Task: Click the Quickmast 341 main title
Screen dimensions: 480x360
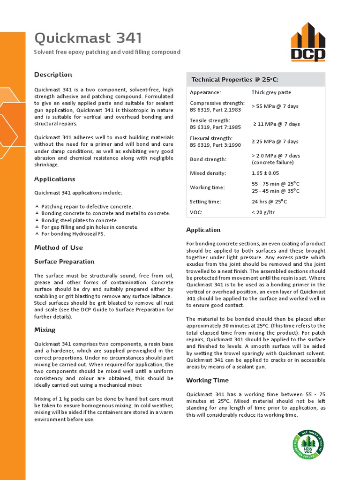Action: [x=88, y=38]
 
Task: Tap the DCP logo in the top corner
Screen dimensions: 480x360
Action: [x=307, y=42]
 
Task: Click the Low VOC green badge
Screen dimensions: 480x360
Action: [x=308, y=444]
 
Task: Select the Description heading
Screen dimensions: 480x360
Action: [x=53, y=75]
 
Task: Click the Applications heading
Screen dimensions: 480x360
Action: [x=54, y=179]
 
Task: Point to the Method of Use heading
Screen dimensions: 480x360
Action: [x=58, y=247]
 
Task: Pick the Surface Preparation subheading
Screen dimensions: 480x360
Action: [x=64, y=262]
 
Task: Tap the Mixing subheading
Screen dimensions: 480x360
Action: [x=45, y=330]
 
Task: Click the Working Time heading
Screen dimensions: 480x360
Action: [x=207, y=380]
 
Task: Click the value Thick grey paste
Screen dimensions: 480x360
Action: [x=271, y=92]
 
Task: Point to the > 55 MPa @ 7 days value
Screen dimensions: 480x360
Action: [x=275, y=106]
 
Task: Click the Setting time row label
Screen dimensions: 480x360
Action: [x=205, y=202]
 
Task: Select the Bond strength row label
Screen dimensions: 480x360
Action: [x=208, y=159]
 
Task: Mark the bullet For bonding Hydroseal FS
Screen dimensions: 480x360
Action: [x=73, y=234]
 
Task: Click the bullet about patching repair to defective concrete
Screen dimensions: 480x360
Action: [x=87, y=206]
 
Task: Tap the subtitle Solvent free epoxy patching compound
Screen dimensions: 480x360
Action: [x=107, y=52]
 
